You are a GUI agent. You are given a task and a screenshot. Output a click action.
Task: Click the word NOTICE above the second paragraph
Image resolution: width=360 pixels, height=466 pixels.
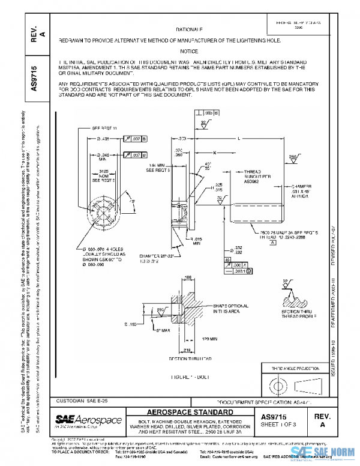(x=189, y=52)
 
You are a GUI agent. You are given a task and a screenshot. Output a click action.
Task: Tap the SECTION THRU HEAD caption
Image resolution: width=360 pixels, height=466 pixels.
(x=192, y=359)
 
